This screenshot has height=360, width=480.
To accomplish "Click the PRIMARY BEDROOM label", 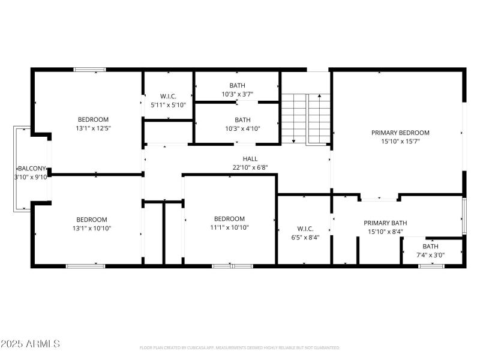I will (400, 133).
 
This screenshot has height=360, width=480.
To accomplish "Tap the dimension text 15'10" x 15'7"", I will (400, 142).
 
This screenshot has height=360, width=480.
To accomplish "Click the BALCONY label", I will (31, 169).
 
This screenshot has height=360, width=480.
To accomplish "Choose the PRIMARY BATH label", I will (385, 223).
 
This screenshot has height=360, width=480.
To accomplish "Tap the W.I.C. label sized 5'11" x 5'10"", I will (168, 96).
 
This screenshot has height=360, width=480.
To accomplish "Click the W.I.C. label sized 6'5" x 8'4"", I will (305, 229).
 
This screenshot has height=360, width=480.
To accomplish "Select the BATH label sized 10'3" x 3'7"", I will (237, 85).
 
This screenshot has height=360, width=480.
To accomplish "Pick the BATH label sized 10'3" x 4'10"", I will (242, 119).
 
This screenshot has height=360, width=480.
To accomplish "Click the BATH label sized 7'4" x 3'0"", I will (430, 247).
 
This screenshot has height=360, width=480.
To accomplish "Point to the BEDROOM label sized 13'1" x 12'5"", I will (93, 119).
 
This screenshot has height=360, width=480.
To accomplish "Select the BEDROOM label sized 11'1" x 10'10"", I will (229, 219).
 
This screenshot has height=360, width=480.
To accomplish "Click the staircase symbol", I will (306, 118).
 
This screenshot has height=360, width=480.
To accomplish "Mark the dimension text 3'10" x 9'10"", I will (31, 177).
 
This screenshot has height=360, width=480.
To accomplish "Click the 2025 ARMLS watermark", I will (30, 344).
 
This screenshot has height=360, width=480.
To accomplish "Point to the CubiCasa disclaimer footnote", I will (239, 347).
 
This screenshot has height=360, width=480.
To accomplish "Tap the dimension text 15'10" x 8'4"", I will (385, 232).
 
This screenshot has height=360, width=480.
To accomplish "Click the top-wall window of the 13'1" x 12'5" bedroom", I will (90, 70).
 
